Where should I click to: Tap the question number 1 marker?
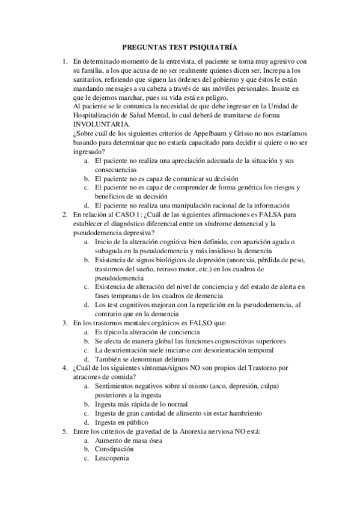coord(66,62)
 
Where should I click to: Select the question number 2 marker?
coord(66,214)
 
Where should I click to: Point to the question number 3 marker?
coord(66,323)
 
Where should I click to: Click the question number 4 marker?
coord(66,367)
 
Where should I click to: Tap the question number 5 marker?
coord(66,431)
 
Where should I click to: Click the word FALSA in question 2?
coord(270,214)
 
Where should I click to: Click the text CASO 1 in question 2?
coord(124,214)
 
